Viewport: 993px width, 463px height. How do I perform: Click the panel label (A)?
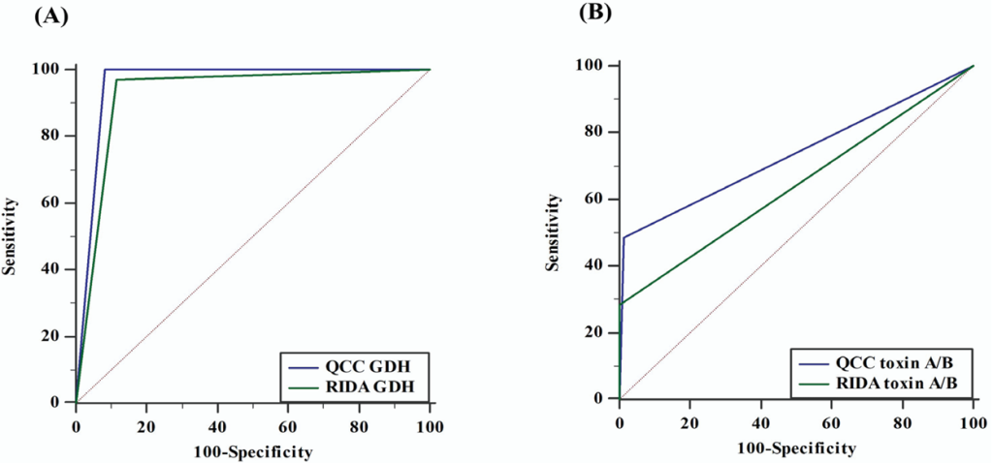50,15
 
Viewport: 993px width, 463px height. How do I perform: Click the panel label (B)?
595,13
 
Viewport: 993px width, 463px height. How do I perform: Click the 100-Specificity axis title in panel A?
252,450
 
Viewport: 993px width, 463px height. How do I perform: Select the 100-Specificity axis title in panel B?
796,448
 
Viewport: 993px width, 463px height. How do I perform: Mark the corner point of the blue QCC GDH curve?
104,69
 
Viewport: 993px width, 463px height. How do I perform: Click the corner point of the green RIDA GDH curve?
116,79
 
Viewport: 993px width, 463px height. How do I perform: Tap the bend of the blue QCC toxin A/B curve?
624,237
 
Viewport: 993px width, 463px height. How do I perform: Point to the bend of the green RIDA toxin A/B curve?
621,303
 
